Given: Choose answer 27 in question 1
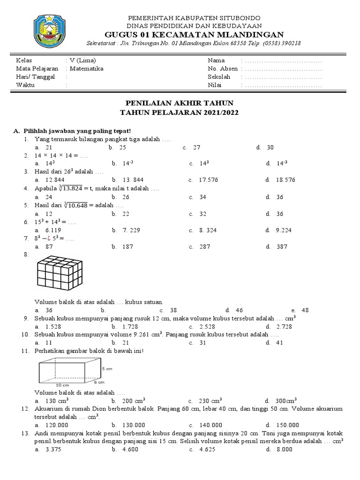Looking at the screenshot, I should (x=196, y=147).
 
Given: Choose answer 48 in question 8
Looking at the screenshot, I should (x=306, y=310).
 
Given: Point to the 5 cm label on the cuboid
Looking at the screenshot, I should (x=107, y=369).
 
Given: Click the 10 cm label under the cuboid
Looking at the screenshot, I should (x=62, y=385).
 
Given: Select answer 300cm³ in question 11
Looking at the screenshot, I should (x=287, y=400).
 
